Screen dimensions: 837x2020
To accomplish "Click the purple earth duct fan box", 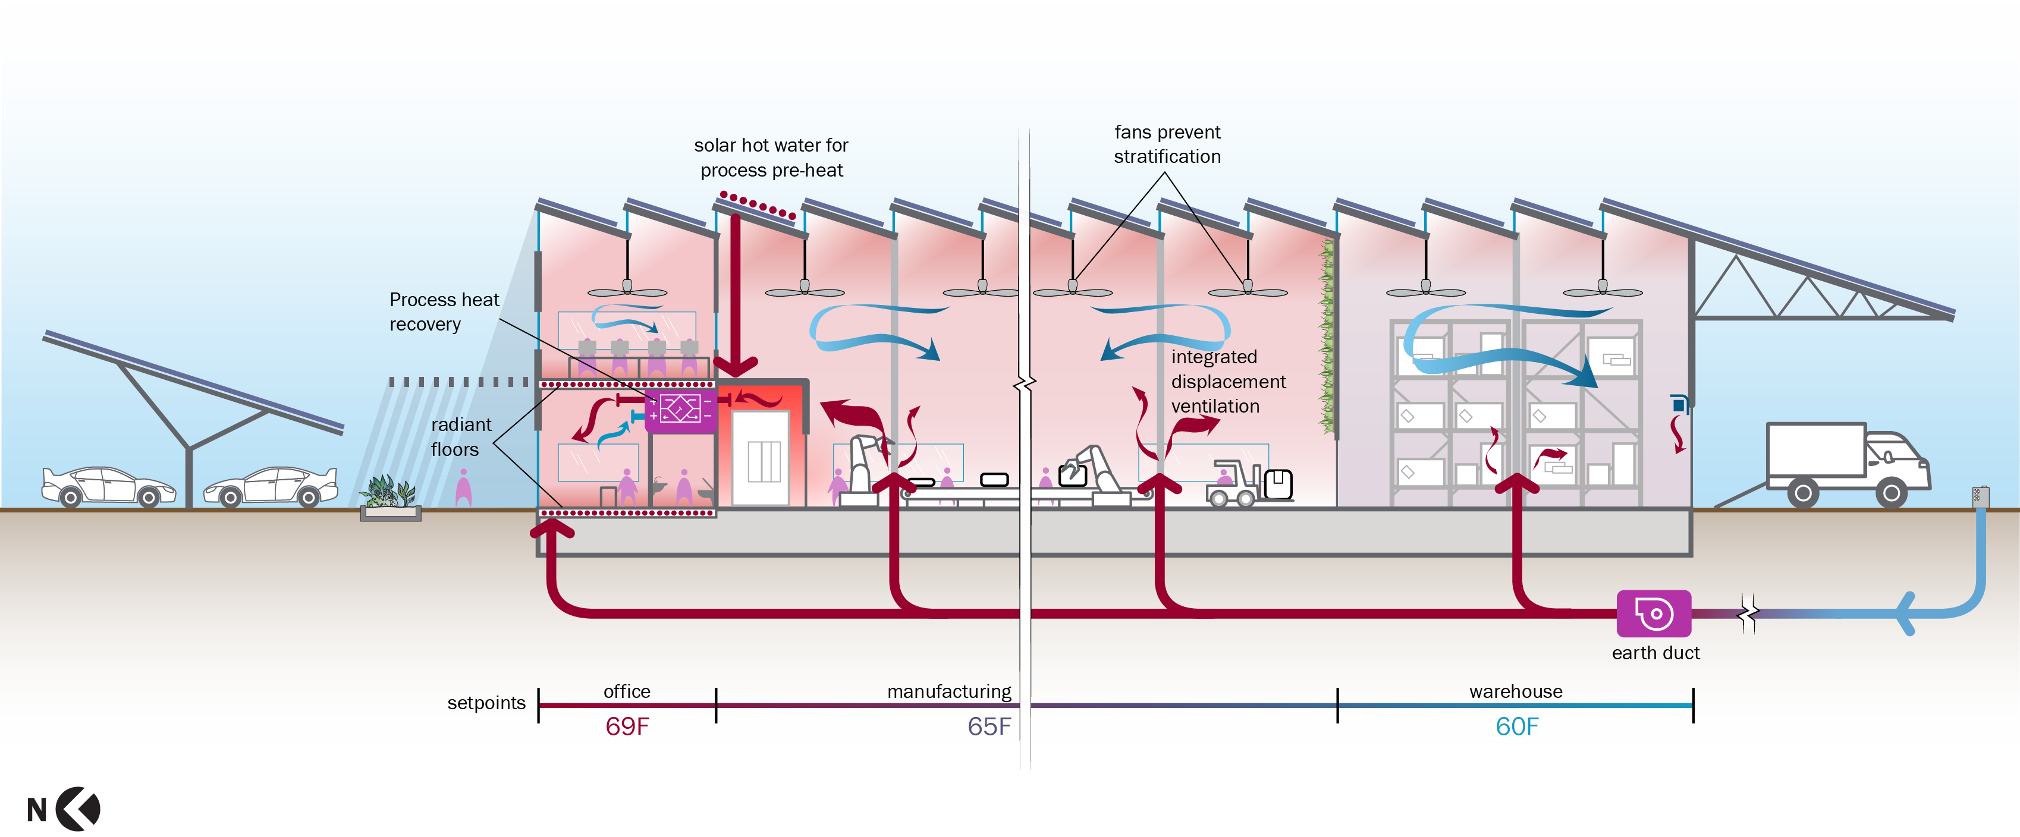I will click(x=1653, y=613).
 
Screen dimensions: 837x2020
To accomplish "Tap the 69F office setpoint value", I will click(x=627, y=726).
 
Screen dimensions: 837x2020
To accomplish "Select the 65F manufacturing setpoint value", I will click(x=989, y=726).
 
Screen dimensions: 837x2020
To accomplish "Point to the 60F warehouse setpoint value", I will click(x=1516, y=726).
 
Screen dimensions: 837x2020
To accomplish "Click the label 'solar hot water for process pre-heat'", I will click(x=771, y=158).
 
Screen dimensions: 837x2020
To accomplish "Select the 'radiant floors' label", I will click(x=460, y=436).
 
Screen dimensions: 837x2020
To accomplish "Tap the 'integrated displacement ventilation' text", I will click(x=1227, y=382).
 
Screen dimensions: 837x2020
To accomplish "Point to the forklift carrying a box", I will click(x=1248, y=483).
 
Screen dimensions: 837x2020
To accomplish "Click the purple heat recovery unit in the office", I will click(x=680, y=410).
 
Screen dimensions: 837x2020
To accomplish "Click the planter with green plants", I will click(x=389, y=500).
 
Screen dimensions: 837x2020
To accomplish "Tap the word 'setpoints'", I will click(x=486, y=703).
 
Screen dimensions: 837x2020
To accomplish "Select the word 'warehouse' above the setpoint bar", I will click(x=1515, y=691).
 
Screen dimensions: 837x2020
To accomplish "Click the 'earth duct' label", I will click(x=1655, y=653).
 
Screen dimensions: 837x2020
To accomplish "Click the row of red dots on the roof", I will click(x=758, y=204).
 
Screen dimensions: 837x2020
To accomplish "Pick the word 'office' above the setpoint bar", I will click(x=627, y=691).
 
